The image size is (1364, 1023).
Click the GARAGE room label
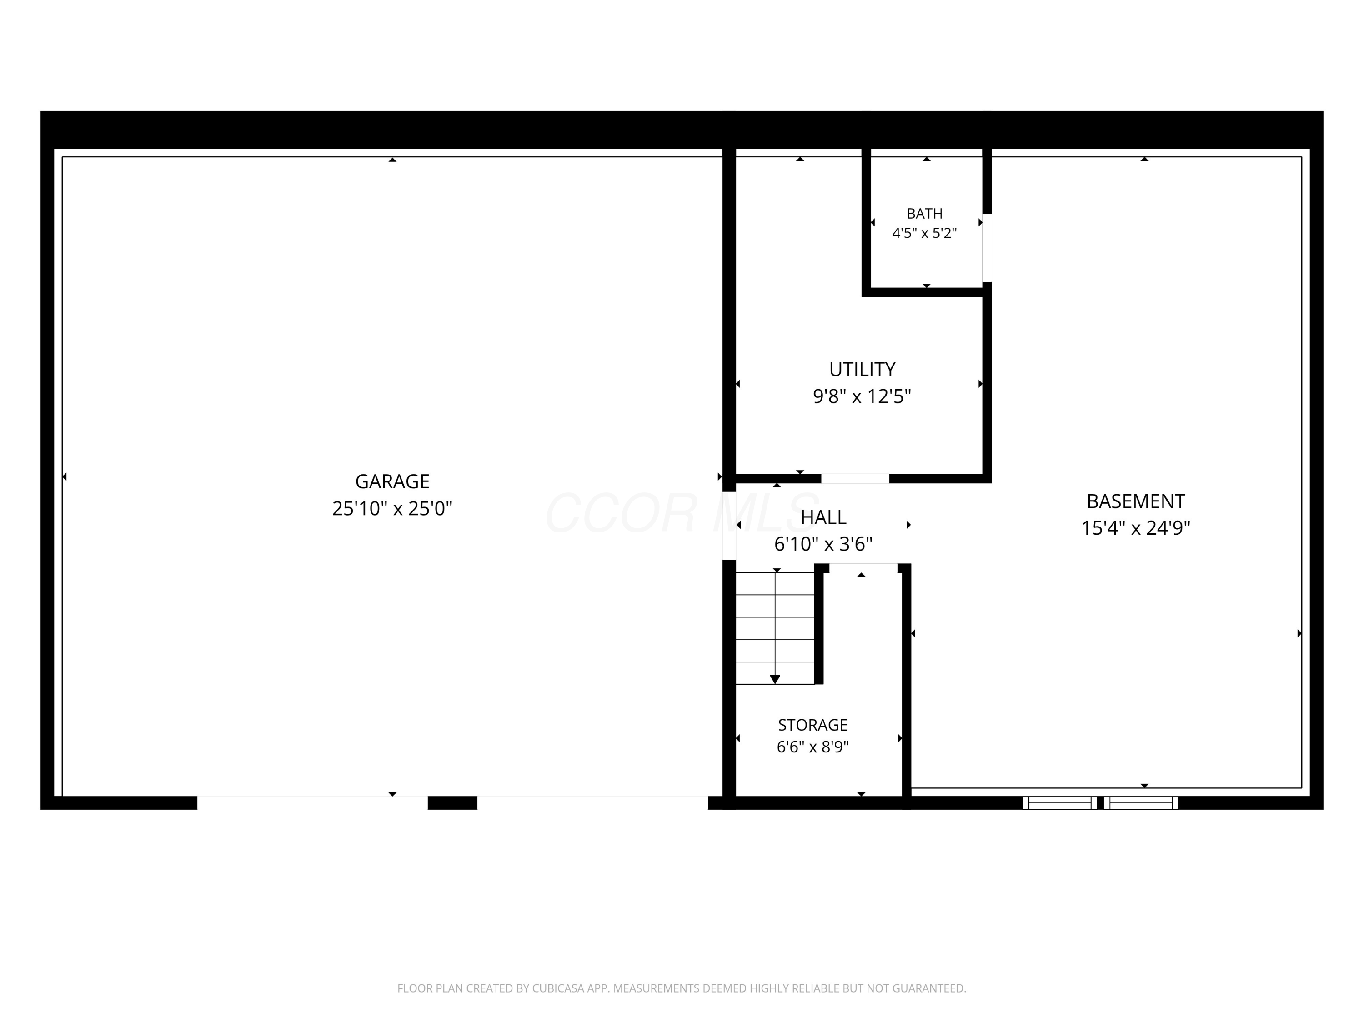click(x=392, y=481)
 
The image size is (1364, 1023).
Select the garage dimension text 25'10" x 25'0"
click(x=392, y=508)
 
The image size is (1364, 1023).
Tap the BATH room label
click(x=924, y=213)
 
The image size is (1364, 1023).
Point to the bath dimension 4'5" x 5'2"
click(x=924, y=233)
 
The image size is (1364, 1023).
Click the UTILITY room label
click(x=862, y=369)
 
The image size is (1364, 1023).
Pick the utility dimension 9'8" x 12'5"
click(x=862, y=396)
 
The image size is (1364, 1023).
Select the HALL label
click(x=823, y=517)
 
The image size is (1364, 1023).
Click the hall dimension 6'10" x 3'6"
click(x=823, y=544)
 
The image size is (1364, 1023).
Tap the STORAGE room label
click(x=813, y=725)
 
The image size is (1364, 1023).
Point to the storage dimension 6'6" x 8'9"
click(x=813, y=747)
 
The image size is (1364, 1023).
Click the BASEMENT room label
click(x=1135, y=501)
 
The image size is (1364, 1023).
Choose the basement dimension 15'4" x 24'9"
click(x=1135, y=528)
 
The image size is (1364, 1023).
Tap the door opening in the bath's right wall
click(x=987, y=247)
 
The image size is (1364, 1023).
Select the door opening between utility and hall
click(x=855, y=478)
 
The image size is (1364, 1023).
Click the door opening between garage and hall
click(x=729, y=526)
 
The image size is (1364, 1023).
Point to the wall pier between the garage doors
click(x=452, y=803)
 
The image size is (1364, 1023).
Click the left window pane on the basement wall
click(x=1060, y=803)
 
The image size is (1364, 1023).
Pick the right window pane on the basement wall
click(x=1141, y=803)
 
